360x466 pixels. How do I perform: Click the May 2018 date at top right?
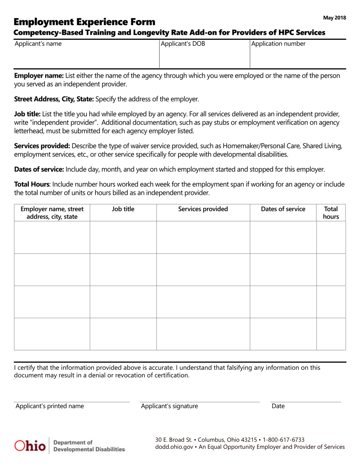[334, 18]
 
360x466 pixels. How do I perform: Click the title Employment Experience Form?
[84, 22]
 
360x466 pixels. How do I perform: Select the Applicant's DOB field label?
[183, 44]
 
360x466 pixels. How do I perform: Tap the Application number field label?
[279, 44]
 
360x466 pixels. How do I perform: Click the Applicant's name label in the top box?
[38, 44]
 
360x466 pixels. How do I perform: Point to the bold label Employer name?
[39, 75]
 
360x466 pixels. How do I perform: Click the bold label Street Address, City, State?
[54, 99]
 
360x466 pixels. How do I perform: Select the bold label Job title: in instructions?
[27, 114]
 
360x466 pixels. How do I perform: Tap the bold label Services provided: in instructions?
[42, 146]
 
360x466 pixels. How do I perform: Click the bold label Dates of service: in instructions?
[39, 169]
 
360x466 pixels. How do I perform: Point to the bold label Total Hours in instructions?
[31, 185]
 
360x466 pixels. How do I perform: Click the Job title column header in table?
[123, 209]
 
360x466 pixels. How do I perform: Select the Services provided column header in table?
[203, 209]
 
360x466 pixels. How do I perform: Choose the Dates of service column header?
[283, 209]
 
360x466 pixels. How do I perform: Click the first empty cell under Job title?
[123, 238]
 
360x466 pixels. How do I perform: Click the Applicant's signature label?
[169, 406]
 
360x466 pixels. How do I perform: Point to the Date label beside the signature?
[278, 406]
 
